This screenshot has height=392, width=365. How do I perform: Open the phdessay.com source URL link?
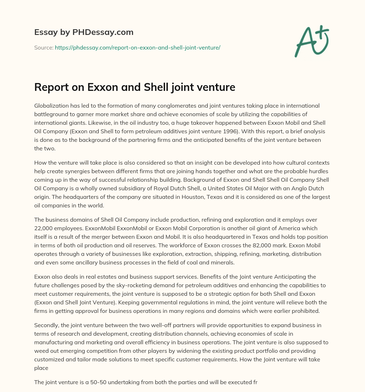point(138,47)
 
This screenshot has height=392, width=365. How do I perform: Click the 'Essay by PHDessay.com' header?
point(84,32)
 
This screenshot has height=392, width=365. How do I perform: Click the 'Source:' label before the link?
point(44,47)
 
